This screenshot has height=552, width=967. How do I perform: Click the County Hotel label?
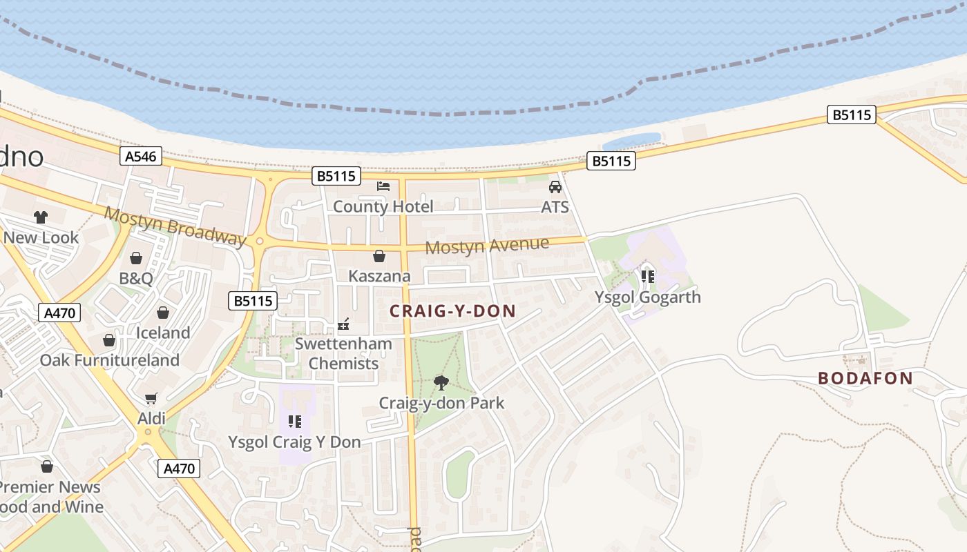(383, 206)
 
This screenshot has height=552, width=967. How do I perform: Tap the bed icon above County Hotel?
(383, 186)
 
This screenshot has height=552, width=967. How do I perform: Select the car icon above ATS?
(555, 186)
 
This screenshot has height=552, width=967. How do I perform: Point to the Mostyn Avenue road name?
(488, 246)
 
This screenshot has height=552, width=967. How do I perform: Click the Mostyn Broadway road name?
(175, 226)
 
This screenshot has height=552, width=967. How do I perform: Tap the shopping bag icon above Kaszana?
(379, 257)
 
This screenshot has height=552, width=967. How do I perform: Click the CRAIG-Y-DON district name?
(453, 311)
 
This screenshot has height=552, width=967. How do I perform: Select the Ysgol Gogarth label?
(648, 297)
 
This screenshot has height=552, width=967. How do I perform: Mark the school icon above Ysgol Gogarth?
(648, 277)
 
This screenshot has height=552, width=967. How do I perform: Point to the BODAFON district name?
(865, 378)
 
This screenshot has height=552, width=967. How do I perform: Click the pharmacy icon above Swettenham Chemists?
(343, 324)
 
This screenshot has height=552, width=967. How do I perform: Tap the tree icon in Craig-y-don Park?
(441, 382)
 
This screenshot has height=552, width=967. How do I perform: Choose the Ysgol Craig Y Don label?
(295, 442)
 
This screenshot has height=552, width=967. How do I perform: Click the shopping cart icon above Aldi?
(151, 398)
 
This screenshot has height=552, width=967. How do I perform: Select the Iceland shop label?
(163, 333)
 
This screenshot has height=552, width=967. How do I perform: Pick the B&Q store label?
(136, 279)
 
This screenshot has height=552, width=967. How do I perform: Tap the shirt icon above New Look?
(41, 217)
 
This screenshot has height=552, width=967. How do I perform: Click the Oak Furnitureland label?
(110, 360)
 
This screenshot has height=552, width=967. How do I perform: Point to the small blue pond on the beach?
(632, 141)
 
